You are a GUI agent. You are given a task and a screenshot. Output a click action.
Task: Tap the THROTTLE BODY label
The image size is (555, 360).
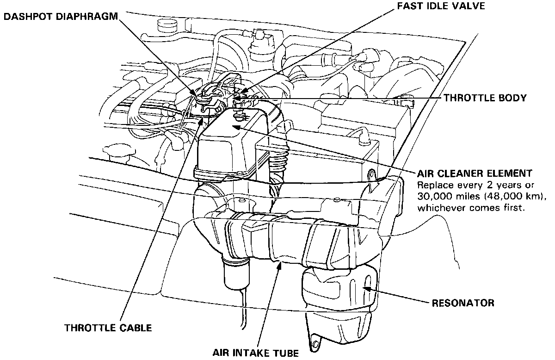tap(485, 98)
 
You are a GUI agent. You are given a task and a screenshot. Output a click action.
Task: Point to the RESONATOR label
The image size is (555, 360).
tap(463, 304)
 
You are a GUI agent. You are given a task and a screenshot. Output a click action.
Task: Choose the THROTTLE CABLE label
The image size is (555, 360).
tap(108, 328)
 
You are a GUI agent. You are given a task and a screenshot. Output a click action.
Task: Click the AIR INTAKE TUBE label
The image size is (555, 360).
tap(256, 353)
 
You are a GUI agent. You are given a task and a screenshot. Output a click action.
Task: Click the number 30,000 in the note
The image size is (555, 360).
tap(434, 197)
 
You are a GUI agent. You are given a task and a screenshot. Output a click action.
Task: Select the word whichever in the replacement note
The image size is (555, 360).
tap(438, 208)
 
